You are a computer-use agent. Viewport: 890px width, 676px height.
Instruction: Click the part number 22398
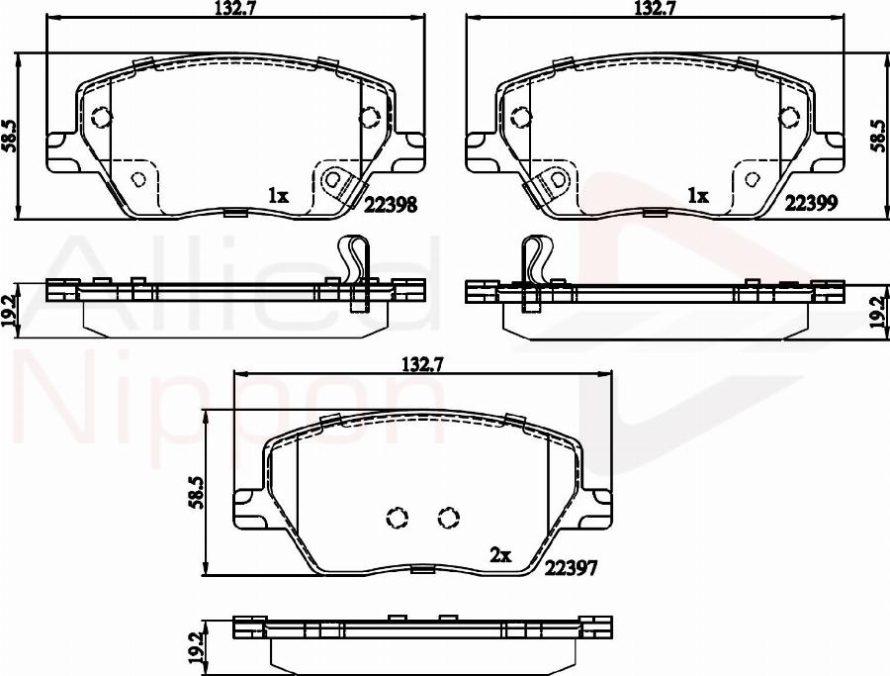pos(391,204)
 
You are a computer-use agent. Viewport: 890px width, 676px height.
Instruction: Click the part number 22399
pos(812,204)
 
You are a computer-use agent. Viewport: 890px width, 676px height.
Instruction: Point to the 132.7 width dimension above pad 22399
pos(654,10)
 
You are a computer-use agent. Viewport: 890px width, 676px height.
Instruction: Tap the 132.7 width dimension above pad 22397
pos(420,364)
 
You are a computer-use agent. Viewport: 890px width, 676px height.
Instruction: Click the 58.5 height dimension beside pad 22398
pos(10,136)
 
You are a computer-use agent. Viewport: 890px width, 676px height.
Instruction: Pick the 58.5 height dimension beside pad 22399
pos(877,130)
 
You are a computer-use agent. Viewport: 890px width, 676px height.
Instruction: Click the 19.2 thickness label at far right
pos(877,313)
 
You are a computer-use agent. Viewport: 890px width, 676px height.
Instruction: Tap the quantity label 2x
pos(500,556)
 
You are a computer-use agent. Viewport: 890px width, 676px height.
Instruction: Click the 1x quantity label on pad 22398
pos(278,196)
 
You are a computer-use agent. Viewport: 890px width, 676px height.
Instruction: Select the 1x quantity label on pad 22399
pos(698,196)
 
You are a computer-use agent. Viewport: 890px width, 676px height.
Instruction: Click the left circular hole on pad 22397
pos(398,518)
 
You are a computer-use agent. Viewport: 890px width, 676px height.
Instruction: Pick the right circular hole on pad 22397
pos(448,517)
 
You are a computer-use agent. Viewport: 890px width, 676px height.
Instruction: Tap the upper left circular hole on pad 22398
pos(101,118)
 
